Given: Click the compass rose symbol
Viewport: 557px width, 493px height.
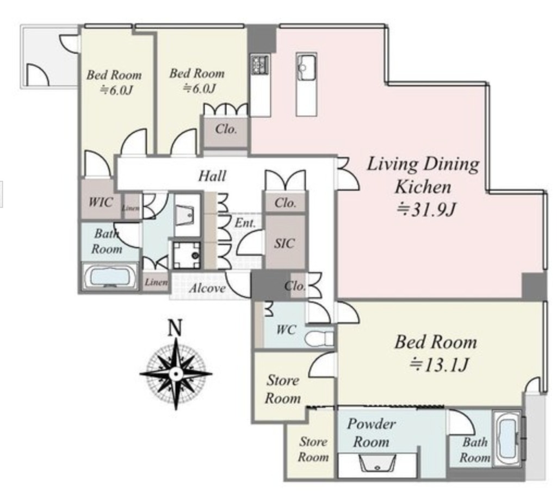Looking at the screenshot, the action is (176, 374).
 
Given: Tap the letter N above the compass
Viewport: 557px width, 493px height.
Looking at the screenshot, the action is (175, 327).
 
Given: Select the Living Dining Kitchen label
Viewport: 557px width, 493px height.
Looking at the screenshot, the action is (423, 186).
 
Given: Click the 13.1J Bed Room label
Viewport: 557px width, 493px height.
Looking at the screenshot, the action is (436, 353).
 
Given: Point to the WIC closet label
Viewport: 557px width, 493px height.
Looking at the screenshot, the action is (101, 202).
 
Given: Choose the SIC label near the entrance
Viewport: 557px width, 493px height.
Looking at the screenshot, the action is (284, 244).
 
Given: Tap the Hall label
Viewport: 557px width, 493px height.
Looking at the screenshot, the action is (212, 176).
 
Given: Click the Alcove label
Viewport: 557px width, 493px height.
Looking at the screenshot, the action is (207, 288).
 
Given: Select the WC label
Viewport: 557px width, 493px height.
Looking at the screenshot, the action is (286, 330).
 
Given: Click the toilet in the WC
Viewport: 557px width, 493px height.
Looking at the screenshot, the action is (319, 339).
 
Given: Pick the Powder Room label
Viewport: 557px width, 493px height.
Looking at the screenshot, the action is (371, 433).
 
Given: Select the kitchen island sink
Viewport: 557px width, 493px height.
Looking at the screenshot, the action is (307, 67).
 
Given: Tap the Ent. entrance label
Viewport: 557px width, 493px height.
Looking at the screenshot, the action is (245, 223).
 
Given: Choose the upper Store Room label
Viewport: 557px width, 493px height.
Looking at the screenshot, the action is (283, 389).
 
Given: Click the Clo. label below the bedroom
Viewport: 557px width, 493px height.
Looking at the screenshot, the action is (226, 128).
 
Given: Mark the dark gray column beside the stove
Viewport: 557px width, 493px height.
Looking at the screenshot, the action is (262, 39).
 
